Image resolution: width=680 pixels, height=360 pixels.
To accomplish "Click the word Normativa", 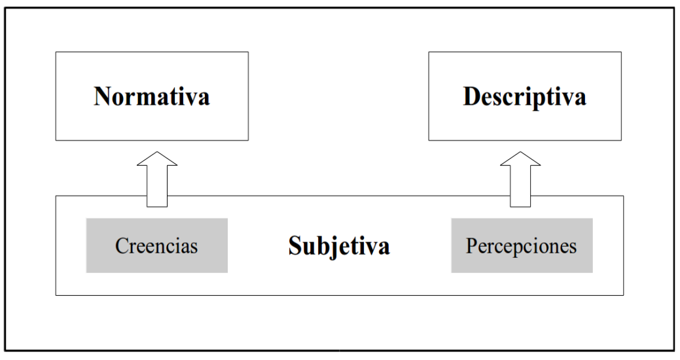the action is click(152, 96).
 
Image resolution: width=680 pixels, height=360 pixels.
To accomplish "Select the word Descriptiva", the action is click(525, 96).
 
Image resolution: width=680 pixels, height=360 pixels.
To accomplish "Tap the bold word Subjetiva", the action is click(339, 246).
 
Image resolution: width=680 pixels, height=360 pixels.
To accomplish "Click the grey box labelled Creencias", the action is click(157, 245).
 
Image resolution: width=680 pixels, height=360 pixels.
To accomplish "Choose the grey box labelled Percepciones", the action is click(522, 245).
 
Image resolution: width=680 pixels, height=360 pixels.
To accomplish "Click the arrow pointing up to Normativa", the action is click(157, 179).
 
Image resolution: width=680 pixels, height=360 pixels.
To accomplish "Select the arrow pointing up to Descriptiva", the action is click(520, 179).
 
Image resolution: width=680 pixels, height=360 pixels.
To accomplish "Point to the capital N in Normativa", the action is click(102, 96).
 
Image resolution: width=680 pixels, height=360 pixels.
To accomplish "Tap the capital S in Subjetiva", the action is click(295, 246).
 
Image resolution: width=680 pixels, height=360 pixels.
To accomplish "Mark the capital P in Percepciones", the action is click(472, 245).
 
